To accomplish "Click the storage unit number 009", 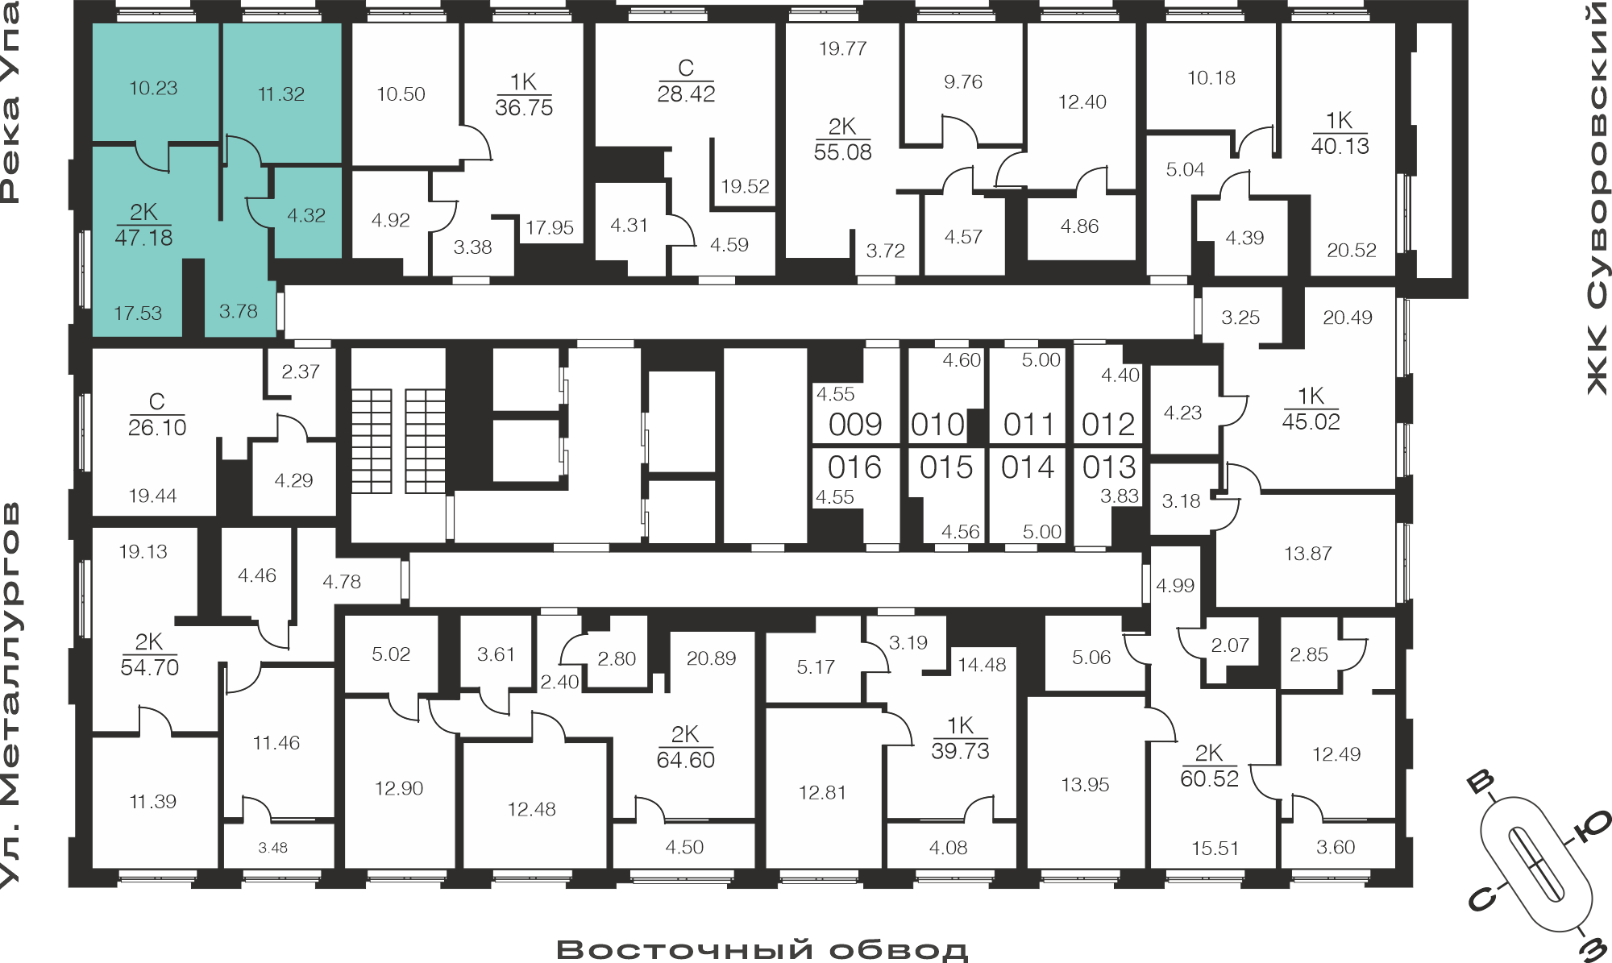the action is pyautogui.click(x=855, y=425).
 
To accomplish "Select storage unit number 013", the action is pyautogui.click(x=1109, y=467).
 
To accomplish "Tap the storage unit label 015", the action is pyautogui.click(x=946, y=467).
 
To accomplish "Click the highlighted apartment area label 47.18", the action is pyautogui.click(x=143, y=238).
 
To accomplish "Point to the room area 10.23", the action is pyautogui.click(x=153, y=88).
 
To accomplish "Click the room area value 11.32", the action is pyautogui.click(x=280, y=94).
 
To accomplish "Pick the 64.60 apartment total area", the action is pyautogui.click(x=685, y=760).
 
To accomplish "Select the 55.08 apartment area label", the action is pyautogui.click(x=842, y=152).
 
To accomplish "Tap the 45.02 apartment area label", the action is pyautogui.click(x=1311, y=421).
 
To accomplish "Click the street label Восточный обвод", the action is pyautogui.click(x=762, y=949).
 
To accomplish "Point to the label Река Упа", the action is pyautogui.click(x=10, y=102).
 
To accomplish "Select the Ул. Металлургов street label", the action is pyautogui.click(x=10, y=695).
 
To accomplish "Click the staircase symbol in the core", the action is pyautogui.click(x=398, y=441).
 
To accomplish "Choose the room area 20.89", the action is pyautogui.click(x=711, y=658).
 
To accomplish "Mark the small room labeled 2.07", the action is pyautogui.click(x=1230, y=645).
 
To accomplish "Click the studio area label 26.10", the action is pyautogui.click(x=157, y=428).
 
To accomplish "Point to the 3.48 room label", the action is pyautogui.click(x=272, y=848).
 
